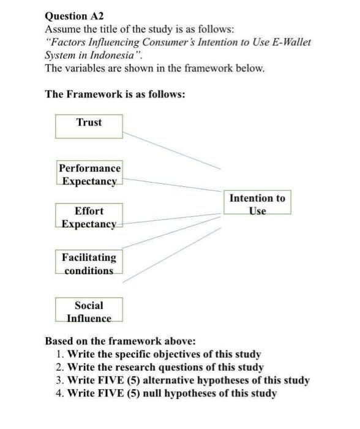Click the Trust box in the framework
89,126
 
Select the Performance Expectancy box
89,174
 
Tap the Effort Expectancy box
89,218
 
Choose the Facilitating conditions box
89,264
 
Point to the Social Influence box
89,311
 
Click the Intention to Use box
257,203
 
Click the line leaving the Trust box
171,150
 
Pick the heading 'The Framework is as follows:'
115,94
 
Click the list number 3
58,380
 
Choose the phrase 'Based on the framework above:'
121,341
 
